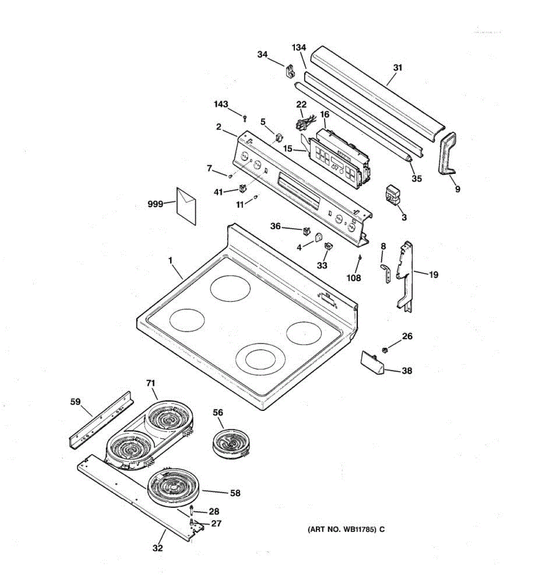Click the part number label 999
pyautogui.click(x=155, y=204)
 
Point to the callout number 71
pyautogui.click(x=151, y=383)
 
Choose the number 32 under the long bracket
pyautogui.click(x=158, y=548)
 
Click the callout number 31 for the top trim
pyautogui.click(x=397, y=68)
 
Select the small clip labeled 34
pyautogui.click(x=290, y=71)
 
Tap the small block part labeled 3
pyautogui.click(x=393, y=195)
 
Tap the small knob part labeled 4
pyautogui.click(x=318, y=237)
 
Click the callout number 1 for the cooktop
pyautogui.click(x=170, y=260)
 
